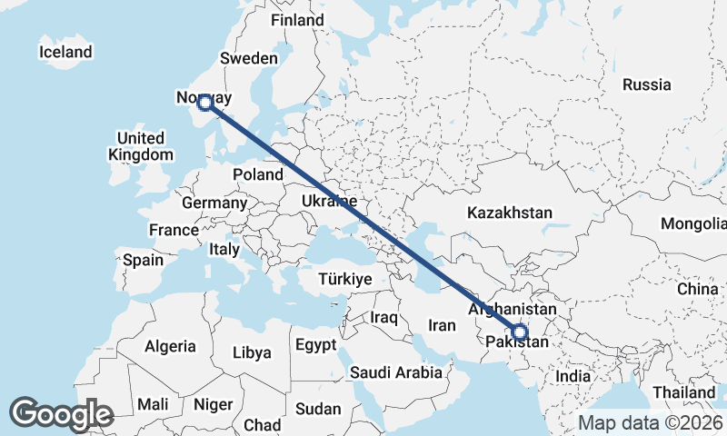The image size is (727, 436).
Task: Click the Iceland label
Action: pos(65,52)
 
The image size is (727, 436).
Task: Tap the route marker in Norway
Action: pos(205,103)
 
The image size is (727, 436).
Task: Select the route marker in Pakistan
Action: pos(519,333)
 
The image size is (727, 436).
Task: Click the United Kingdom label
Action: pos(140,146)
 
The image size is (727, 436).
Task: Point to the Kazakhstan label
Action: pos(510,213)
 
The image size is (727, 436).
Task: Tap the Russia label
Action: pos(647,84)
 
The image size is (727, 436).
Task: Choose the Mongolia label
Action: pos(693,223)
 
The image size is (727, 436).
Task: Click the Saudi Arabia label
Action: pos(396,372)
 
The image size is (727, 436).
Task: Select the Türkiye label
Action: pos(345,280)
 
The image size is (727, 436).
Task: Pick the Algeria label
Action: pos(170,346)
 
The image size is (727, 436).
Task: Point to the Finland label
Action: pos(297,20)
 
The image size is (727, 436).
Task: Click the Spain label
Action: pos(144,260)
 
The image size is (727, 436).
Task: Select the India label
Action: pos(573,376)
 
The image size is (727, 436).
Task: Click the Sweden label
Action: pos(249,58)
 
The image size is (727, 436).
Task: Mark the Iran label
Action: pos(442,325)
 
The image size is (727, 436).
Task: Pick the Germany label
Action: pos(214,203)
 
